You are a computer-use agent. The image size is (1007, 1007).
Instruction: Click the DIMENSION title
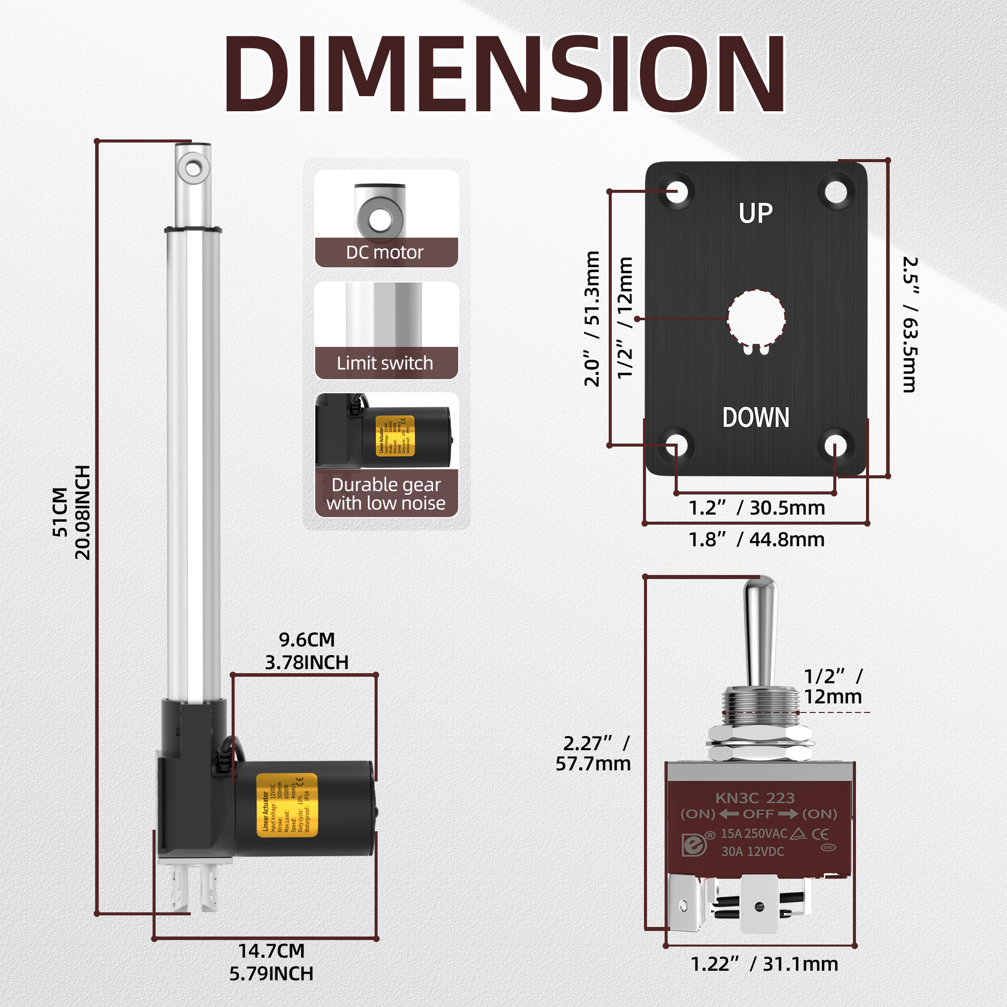pos(503,74)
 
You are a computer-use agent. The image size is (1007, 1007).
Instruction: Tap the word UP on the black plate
pos(756,213)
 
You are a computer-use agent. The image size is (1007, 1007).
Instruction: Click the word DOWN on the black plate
pos(756,417)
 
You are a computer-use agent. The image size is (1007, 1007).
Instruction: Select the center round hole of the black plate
pos(756,318)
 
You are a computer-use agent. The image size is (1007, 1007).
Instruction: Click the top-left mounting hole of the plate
pos(677,191)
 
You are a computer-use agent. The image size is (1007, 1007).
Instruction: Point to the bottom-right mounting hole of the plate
pos(835,447)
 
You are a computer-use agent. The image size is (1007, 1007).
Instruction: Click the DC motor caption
pos(385,253)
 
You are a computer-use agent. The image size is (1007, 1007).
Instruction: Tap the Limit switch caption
pos(385,363)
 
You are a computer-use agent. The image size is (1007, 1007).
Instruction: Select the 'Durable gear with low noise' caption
pos(386,493)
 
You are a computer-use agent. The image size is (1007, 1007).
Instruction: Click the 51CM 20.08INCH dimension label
pos(71,513)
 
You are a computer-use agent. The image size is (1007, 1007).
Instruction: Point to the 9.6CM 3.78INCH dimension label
pos(307,651)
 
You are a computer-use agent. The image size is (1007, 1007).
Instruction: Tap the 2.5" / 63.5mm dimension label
pos(909,324)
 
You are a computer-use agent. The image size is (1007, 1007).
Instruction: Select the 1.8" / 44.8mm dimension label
pos(756,539)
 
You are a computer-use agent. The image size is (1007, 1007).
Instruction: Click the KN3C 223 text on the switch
pos(755,798)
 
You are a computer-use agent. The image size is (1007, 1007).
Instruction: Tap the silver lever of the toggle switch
pos(760,631)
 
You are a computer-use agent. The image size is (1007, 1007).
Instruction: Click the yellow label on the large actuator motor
pos(286,805)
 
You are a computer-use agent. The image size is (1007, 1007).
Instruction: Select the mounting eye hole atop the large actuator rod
pos(193,168)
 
